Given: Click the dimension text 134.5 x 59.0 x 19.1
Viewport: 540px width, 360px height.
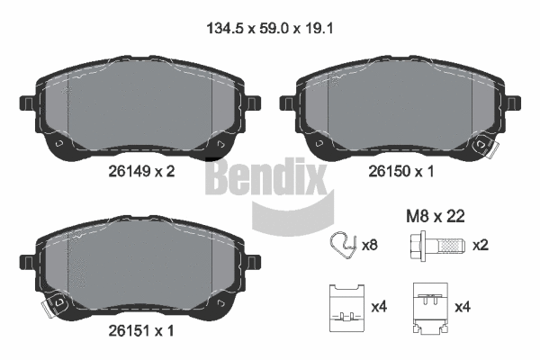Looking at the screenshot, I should click(x=270, y=27).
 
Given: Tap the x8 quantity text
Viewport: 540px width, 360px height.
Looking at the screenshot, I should click(x=369, y=246).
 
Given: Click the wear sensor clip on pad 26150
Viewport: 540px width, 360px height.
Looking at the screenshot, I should click(x=490, y=145).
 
